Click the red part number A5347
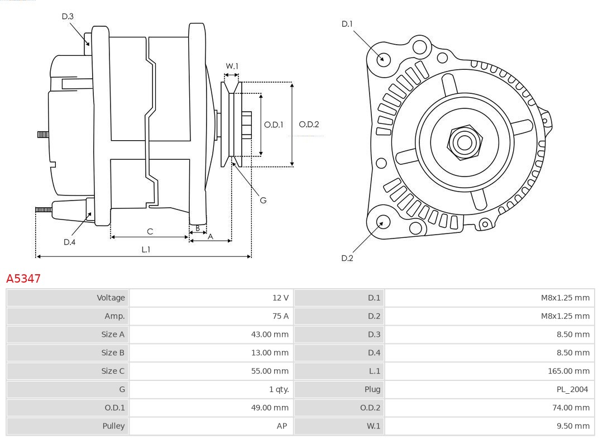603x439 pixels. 23,278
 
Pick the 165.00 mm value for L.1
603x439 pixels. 568,371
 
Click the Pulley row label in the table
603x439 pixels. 113,426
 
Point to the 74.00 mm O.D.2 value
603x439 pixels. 570,408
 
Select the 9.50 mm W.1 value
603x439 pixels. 572,426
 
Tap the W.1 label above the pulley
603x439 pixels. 232,66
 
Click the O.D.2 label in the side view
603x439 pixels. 309,125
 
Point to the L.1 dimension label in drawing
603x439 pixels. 145,250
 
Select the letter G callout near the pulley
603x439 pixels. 264,200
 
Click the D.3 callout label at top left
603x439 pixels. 68,17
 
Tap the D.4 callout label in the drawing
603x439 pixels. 69,242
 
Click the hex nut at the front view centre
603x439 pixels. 464,142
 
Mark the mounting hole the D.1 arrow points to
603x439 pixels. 384,58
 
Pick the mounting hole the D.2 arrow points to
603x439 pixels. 382,222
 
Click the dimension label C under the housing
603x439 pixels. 150,231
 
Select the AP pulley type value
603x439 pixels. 282,426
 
